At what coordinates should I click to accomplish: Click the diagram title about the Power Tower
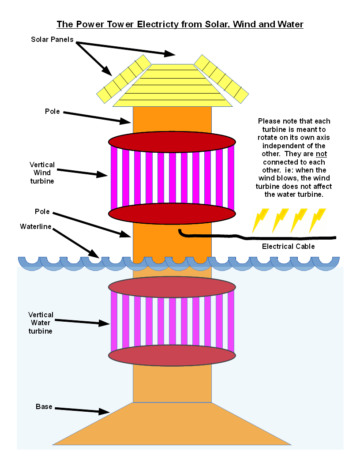180,24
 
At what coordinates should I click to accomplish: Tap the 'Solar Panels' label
52,40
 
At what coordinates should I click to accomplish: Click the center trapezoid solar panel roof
172,86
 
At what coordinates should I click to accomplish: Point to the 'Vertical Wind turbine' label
41,173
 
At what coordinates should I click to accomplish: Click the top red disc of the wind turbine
172,142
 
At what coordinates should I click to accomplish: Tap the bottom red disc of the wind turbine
172,214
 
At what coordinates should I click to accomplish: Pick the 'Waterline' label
36,226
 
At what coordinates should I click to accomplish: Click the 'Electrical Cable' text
289,246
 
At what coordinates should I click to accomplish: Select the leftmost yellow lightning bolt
260,220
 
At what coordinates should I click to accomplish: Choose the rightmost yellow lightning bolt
317,220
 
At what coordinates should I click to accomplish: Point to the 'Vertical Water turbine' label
41,323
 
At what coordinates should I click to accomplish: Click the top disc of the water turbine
172,287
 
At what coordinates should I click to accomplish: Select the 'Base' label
44,406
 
